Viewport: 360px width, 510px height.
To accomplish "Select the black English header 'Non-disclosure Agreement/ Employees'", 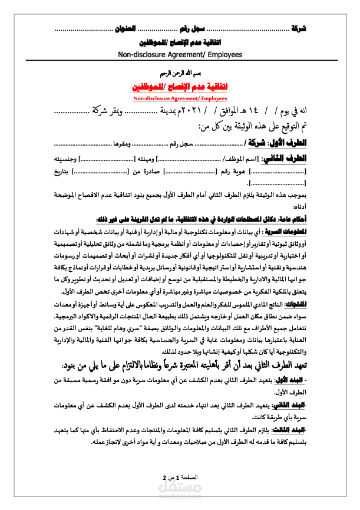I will coord(180,54).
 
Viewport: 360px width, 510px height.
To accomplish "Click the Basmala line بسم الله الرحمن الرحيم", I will coord(180,75).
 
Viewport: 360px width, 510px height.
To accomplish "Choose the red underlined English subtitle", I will coord(180,98).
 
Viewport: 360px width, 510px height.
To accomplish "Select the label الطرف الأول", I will coord(290,143).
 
